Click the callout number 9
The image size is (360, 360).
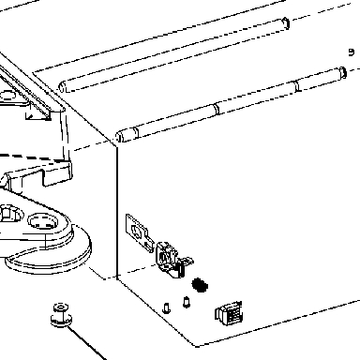352,52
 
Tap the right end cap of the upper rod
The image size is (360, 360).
286,23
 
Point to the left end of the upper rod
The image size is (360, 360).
63,86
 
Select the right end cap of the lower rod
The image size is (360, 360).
343,72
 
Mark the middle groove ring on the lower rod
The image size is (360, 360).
216,108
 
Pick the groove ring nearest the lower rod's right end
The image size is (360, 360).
297,86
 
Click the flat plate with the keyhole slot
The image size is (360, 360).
139,232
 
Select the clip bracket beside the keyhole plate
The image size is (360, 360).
172,259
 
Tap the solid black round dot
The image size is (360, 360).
200,285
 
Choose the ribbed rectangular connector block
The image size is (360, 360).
229,313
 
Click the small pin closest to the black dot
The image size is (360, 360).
187,302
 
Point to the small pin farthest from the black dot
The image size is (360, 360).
167,308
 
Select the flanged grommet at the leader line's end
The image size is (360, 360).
61,315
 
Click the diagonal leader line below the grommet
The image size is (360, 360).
87,343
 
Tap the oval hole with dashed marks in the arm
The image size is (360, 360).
43,221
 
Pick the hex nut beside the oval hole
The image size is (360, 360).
7,213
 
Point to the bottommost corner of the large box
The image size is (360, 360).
196,346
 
